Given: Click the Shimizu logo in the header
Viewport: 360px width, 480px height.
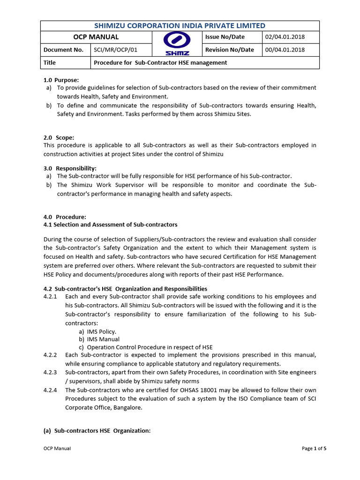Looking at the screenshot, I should (177, 44).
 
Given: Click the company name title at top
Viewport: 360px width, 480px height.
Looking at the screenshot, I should (180, 26).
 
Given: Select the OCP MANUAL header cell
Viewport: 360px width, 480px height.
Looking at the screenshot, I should (96, 37).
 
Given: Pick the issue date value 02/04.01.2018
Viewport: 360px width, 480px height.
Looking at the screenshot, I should (285, 37).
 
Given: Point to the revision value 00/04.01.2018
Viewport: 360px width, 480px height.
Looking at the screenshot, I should (285, 50).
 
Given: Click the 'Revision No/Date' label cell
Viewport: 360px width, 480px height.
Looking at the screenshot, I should (230, 50).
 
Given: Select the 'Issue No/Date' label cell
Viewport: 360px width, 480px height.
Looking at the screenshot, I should (225, 37).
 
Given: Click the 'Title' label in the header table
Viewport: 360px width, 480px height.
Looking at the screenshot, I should (50, 62).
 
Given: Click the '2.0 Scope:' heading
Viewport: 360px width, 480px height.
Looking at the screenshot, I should (59, 137).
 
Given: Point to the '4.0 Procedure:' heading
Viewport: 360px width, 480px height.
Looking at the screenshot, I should (65, 217).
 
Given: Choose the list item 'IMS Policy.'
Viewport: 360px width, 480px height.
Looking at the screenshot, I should (101, 331).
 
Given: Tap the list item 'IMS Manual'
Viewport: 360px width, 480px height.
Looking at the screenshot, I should (103, 339).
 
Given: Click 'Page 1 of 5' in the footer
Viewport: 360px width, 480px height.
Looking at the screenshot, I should (314, 449).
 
